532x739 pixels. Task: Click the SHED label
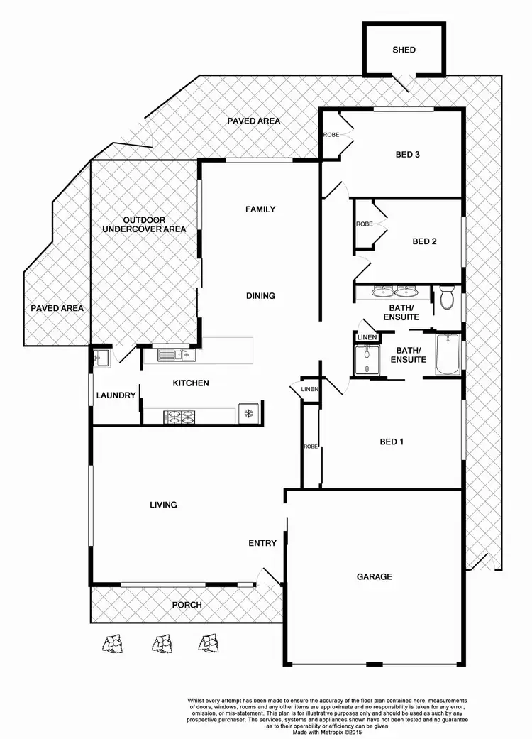pos(404,50)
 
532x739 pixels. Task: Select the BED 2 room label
pos(424,241)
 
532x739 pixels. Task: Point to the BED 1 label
pos(392,442)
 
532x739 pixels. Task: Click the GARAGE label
pos(374,576)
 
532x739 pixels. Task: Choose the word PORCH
pos(187,605)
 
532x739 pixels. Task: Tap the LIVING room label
pos(163,505)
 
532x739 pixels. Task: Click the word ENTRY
pos(262,543)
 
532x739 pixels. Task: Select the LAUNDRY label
pos(116,395)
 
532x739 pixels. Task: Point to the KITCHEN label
pos(191,383)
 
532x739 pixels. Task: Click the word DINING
pos(260,296)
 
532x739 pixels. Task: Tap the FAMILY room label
pos(260,209)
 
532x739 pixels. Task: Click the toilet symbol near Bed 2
pos(446,297)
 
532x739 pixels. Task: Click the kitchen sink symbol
pos(170,355)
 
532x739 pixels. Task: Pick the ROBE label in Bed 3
pos(331,134)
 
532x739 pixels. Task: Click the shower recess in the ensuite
pos(367,359)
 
